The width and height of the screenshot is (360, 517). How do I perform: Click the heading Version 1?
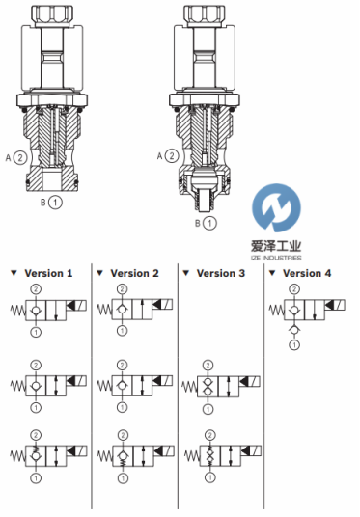pos(48,273)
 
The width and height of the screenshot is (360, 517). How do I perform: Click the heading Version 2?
pos(134,273)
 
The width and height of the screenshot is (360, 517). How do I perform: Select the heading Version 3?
pos(221,273)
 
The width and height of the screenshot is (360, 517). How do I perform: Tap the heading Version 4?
pos(307,273)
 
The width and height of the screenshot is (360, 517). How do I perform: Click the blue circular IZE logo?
pos(277,207)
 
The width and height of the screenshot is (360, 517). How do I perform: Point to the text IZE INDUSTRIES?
pos(277,258)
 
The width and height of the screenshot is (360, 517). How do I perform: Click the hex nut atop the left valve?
pos(52,15)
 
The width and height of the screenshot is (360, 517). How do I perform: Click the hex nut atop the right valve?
pos(205,15)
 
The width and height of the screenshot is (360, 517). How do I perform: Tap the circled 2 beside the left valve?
pos(20,157)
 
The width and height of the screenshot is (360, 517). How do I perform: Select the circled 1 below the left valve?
pos(55,203)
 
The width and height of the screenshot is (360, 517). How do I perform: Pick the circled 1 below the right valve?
pos(209,223)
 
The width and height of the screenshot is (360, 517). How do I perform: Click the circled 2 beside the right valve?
pos(172,155)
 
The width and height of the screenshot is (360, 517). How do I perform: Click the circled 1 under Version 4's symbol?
pos(294,345)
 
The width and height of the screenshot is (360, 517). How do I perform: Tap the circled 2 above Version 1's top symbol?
pos(36,289)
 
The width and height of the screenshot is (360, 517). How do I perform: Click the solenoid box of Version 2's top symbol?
pos(163,305)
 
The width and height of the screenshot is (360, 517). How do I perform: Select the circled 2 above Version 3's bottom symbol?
pos(209,435)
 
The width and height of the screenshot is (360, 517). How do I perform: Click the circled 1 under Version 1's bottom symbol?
pos(36,477)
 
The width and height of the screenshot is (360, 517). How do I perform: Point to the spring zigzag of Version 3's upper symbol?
pos(189,386)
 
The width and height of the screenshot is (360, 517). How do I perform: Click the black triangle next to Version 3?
pos(186,273)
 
